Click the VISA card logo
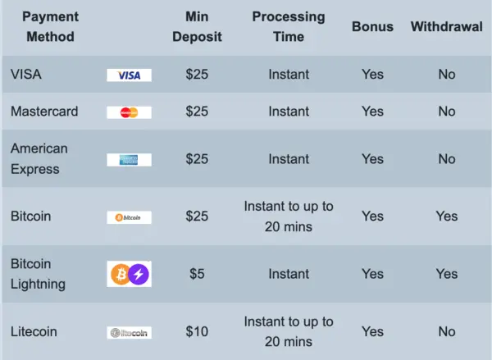point(129,75)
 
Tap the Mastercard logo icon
point(129,112)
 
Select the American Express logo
point(129,160)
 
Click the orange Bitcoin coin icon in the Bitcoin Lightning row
point(119,274)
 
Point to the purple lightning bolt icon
point(139,274)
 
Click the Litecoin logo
point(129,332)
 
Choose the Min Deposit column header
point(197,26)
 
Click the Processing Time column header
point(289,26)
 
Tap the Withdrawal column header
point(447,26)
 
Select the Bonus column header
point(372,26)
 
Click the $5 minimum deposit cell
point(197,274)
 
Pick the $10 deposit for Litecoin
point(197,331)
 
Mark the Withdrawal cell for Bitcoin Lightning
point(447,274)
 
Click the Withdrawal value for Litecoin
point(447,331)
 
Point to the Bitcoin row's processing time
point(289,216)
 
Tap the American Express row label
point(39,159)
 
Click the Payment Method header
point(50,26)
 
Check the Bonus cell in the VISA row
point(372,75)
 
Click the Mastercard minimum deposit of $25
point(197,112)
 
